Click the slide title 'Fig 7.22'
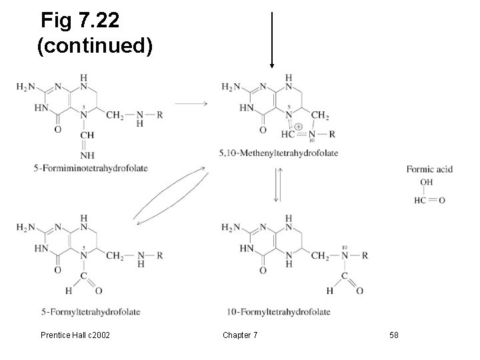[x=80, y=21]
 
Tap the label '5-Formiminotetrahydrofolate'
[x=91, y=168]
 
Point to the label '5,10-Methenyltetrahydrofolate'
[x=278, y=153]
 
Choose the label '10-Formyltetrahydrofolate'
[x=279, y=311]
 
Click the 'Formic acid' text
[x=429, y=169]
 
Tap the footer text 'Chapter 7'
[x=237, y=334]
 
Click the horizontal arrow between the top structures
[x=191, y=103]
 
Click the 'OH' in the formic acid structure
[x=426, y=181]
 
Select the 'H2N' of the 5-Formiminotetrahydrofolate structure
[x=27, y=87]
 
